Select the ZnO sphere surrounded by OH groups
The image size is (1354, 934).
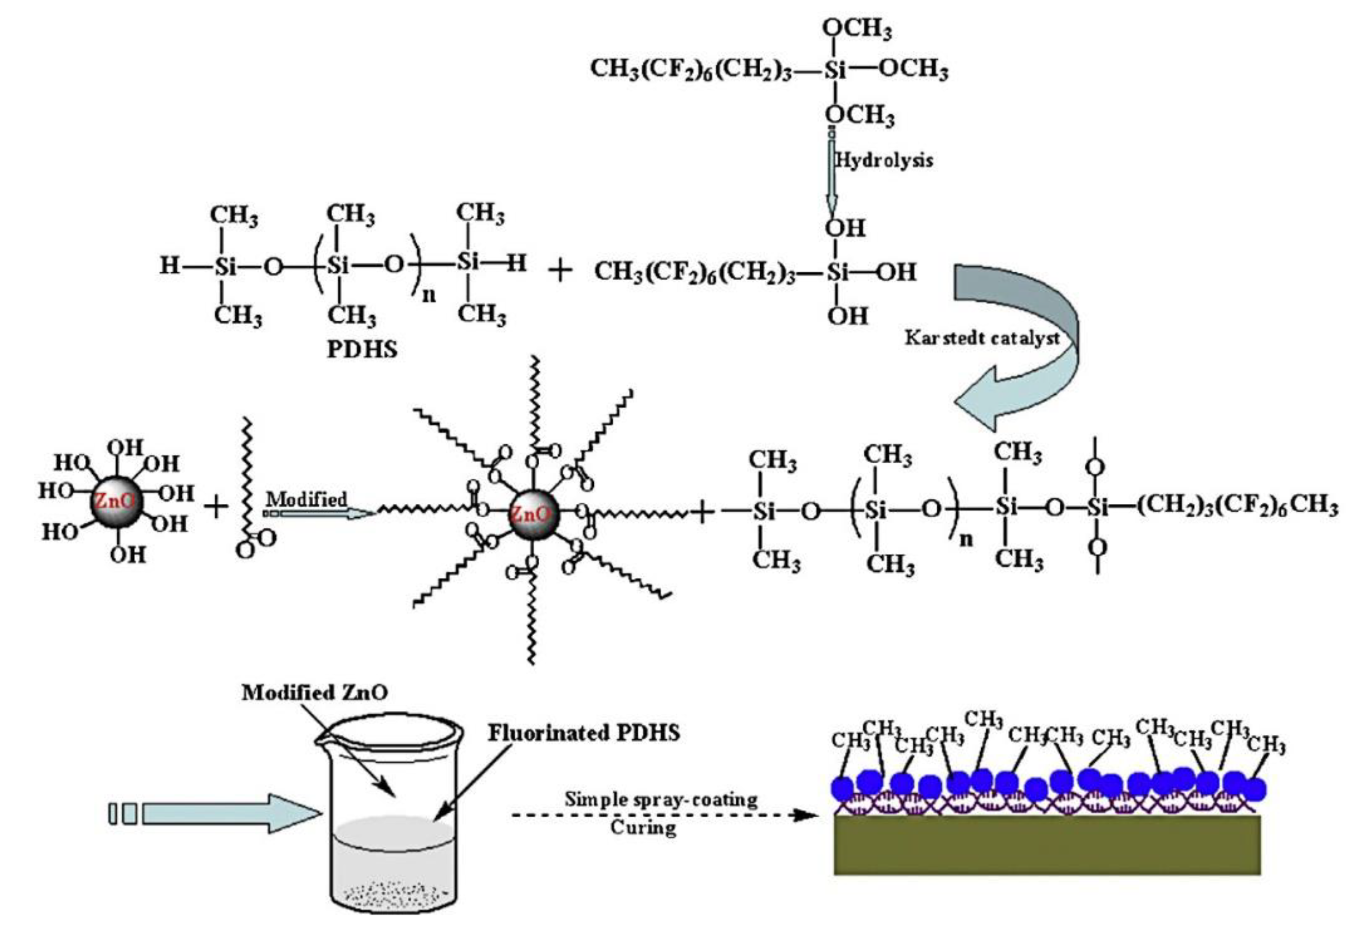(116, 501)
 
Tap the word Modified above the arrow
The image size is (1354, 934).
(306, 499)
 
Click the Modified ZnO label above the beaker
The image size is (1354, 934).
(315, 692)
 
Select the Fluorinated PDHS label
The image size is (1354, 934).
(584, 733)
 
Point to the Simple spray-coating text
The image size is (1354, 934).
(661, 799)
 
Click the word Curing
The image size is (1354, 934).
(643, 828)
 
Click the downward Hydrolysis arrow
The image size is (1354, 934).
(832, 176)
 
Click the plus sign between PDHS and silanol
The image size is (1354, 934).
(561, 271)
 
